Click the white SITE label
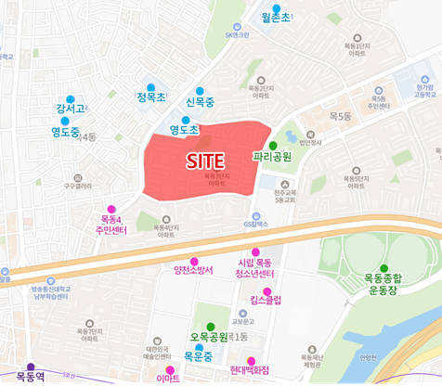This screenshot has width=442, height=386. coord(205,161)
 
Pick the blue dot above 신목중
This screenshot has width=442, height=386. coord(200,91)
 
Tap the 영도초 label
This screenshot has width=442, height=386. coord(185,131)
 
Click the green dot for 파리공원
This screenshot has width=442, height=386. coord(272,146)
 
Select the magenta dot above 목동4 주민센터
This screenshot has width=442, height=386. coord(111,208)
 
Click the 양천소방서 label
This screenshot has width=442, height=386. coord(193,271)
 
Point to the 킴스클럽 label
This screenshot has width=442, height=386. coord(266,302)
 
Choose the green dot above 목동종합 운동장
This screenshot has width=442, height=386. coord(383,268)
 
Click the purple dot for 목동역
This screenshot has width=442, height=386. coord(31,367)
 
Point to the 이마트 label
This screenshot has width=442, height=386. coord(168,379)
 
